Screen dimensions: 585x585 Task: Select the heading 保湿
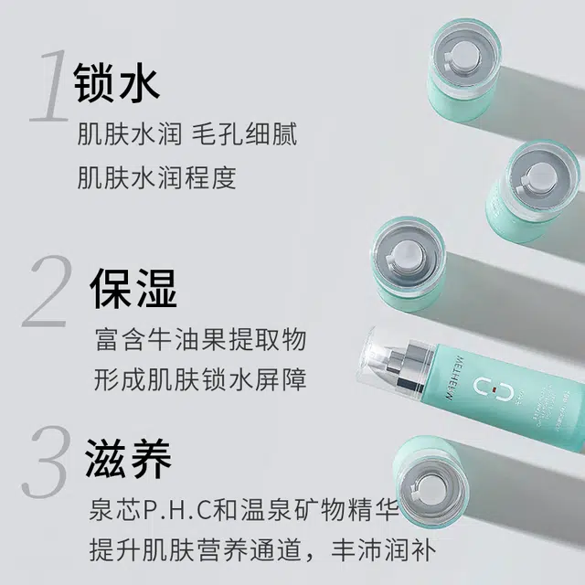(x=133, y=289)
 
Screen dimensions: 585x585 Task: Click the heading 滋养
(x=128, y=459)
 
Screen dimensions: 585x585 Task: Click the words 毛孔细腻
(x=245, y=133)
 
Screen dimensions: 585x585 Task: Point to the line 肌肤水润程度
(x=156, y=177)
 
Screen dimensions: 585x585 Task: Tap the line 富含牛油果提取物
(x=201, y=339)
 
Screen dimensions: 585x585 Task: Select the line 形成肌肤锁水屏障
(x=200, y=379)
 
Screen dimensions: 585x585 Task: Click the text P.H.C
(x=178, y=510)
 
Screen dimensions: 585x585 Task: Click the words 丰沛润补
(x=383, y=550)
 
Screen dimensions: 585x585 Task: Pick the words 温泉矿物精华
(x=320, y=510)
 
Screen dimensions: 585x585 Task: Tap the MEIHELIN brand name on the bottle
(x=455, y=378)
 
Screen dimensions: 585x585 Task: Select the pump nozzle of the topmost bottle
(x=462, y=58)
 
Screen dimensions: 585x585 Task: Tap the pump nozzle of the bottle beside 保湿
(x=407, y=255)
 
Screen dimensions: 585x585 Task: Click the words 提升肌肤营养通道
(x=195, y=550)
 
